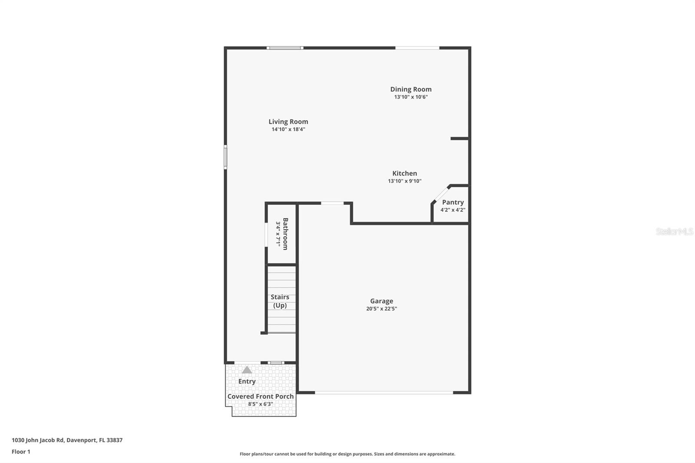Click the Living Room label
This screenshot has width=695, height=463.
288,122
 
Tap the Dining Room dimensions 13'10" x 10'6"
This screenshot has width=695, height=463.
411,97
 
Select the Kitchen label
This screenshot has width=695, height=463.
404,173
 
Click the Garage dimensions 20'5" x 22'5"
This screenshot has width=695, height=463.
381,309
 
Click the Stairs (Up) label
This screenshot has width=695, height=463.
280,301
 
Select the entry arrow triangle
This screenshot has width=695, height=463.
247,370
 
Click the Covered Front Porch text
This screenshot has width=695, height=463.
261,396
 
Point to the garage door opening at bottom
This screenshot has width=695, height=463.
384,393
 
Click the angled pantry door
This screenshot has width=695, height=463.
441,194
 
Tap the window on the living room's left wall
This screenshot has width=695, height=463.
225,157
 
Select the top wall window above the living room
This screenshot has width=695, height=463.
285,48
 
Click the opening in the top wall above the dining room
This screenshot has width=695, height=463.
417,48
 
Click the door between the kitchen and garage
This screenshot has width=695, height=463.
332,203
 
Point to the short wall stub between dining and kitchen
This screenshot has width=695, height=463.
460,139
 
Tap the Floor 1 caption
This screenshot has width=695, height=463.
21,452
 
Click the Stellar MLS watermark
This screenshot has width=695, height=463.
674,231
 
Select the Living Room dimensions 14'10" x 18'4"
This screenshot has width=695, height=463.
288,129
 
